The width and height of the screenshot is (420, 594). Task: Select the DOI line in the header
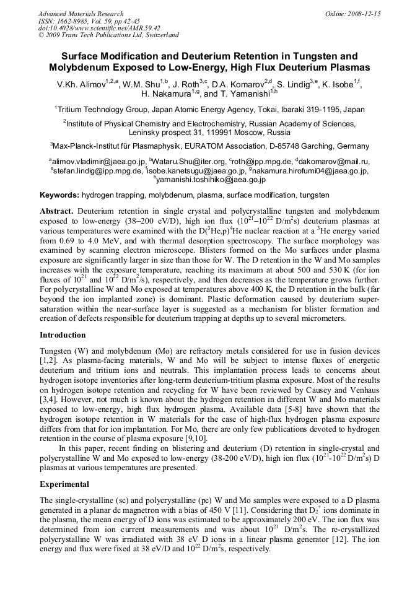pos(99,28)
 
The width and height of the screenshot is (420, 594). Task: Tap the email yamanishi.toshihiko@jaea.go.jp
pos(211,180)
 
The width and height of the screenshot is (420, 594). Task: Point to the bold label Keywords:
pos(59,194)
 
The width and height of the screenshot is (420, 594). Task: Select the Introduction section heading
pos(63,334)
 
